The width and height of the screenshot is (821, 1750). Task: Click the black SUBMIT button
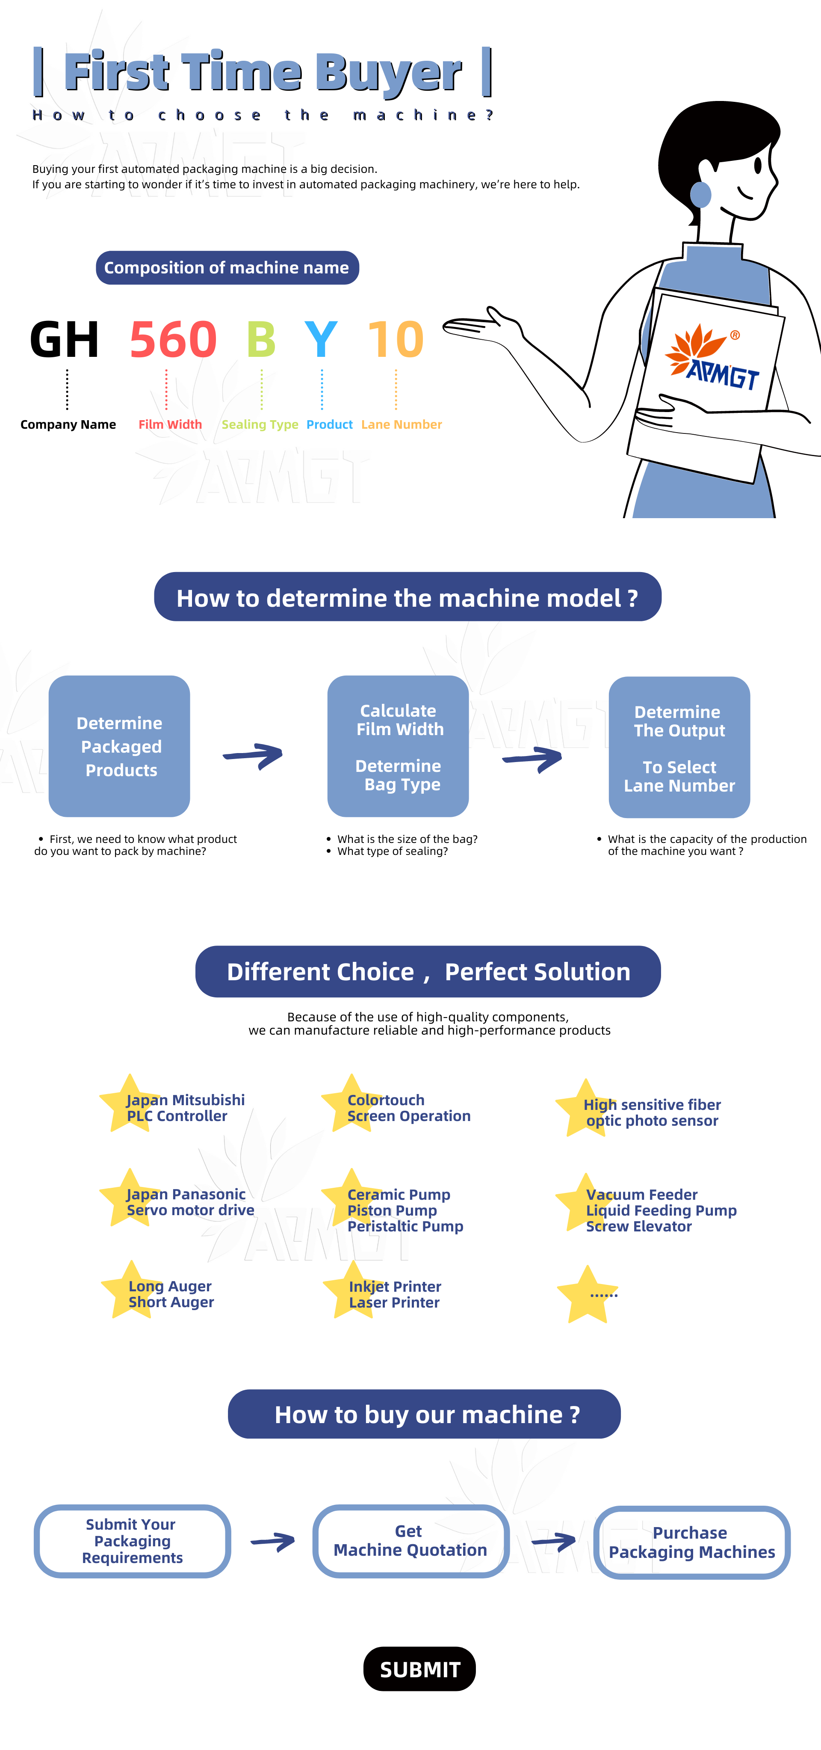(419, 1668)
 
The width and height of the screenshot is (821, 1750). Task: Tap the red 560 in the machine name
(173, 339)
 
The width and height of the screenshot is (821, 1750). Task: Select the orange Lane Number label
(402, 424)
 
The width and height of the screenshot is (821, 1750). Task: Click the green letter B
(261, 339)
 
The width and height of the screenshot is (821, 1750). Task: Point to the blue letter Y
(321, 339)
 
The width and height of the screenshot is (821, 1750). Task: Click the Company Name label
(68, 424)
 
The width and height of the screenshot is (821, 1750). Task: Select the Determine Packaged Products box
(120, 746)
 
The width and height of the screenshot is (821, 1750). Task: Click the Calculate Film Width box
(398, 746)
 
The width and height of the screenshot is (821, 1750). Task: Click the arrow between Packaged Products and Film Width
(253, 756)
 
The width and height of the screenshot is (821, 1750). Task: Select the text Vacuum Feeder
(642, 1194)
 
